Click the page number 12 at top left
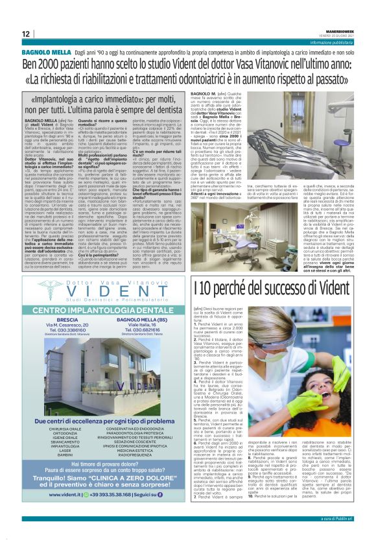click(x=25, y=33)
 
